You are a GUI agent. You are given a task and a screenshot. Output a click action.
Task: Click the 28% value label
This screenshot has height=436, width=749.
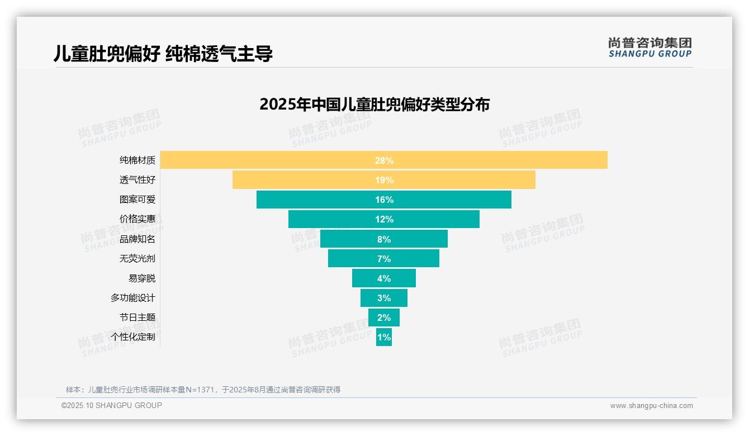tap(384, 160)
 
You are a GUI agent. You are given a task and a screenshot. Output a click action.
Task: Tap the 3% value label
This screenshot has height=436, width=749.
tap(384, 298)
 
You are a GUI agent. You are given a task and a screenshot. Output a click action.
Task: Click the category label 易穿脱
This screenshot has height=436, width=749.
tap(142, 278)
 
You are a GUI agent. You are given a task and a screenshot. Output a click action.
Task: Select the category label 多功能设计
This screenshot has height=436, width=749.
tap(133, 298)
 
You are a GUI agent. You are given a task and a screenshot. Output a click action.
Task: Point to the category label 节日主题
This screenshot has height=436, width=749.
tap(138, 317)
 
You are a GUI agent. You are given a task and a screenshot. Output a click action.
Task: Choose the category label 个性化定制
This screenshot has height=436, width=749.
tap(133, 337)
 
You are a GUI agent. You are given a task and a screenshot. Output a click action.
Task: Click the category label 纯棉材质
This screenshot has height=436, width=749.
tap(138, 160)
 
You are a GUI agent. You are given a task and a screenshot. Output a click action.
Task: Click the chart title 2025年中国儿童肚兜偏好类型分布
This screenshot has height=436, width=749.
tap(374, 105)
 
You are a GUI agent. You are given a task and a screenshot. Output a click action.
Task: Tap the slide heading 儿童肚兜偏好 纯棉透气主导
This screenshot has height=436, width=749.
tap(163, 54)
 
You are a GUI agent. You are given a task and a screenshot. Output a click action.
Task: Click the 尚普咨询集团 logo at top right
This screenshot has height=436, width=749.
tap(650, 48)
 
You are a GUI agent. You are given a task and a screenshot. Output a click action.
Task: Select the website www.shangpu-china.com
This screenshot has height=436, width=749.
tap(651, 406)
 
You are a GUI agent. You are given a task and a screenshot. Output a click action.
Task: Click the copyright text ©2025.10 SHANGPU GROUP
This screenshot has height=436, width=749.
tap(112, 405)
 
